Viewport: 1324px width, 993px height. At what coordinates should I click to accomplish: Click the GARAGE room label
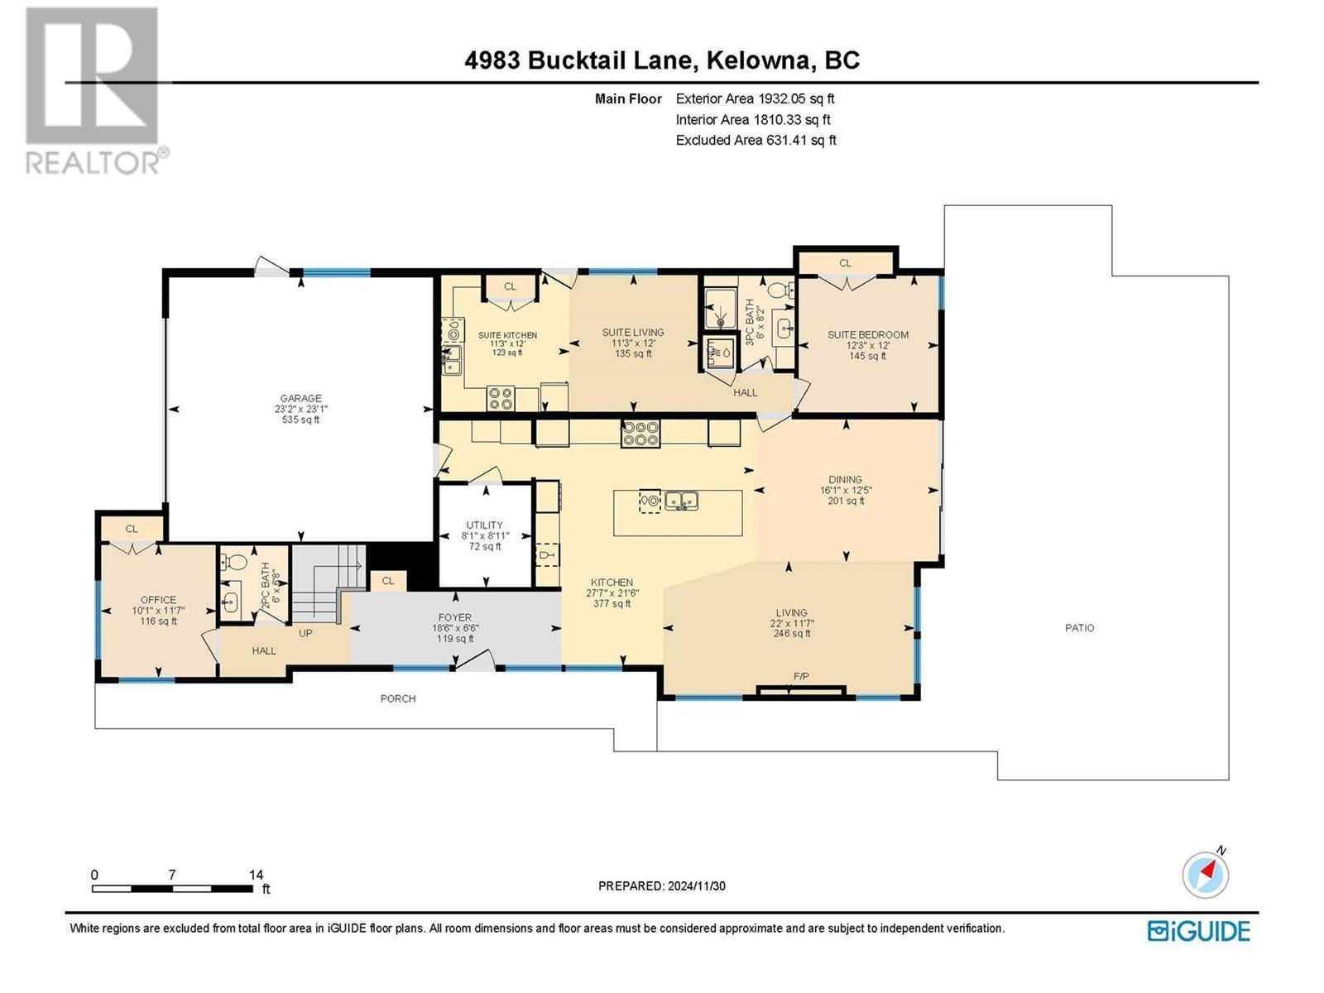(x=300, y=399)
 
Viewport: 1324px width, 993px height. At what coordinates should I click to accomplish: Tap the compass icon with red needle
(x=1206, y=874)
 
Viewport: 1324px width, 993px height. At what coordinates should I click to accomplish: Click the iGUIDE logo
(x=1198, y=930)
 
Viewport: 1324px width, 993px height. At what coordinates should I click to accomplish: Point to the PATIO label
(x=1079, y=628)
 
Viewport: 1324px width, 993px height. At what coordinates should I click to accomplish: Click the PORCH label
(x=398, y=698)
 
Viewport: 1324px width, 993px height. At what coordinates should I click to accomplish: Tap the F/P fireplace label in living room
(x=801, y=677)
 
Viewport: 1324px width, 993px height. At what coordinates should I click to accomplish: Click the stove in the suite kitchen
(x=501, y=398)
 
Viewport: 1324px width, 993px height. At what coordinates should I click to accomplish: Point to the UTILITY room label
(x=484, y=525)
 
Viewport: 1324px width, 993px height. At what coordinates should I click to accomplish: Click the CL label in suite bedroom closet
(x=845, y=263)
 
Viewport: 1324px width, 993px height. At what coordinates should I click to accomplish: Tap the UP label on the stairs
(x=305, y=633)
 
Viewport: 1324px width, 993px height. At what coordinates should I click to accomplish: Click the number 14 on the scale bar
(x=256, y=875)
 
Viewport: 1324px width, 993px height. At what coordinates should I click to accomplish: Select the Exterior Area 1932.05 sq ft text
(x=755, y=98)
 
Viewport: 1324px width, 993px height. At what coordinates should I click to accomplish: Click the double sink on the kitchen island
(x=683, y=501)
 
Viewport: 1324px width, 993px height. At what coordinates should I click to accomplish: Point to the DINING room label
(x=845, y=479)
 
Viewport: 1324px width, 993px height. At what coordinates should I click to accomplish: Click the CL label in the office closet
(x=132, y=529)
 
